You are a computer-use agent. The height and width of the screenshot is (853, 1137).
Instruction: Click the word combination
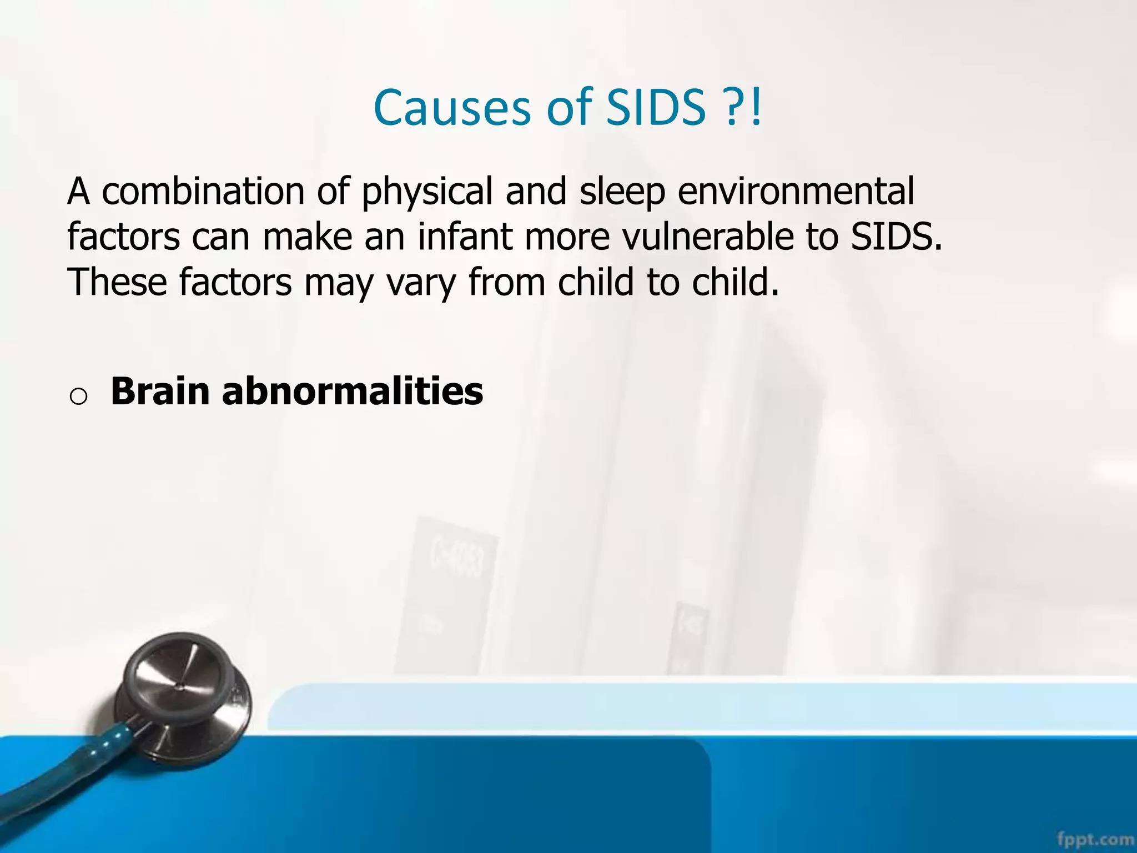[203, 192]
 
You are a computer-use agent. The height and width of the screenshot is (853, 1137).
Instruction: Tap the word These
[117, 283]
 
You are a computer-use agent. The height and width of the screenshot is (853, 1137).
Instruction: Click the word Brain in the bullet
[160, 392]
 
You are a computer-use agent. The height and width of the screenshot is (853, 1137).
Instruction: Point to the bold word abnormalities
[353, 392]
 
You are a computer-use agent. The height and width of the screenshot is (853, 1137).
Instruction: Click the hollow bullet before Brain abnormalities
[78, 397]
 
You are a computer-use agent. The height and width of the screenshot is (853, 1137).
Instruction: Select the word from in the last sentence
[507, 283]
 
